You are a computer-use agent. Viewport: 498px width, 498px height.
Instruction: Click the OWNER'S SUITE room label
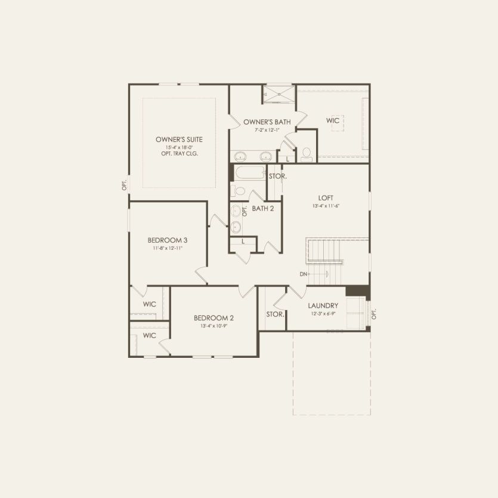pyautogui.click(x=179, y=139)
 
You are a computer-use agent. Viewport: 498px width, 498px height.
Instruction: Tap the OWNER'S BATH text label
pyautogui.click(x=267, y=122)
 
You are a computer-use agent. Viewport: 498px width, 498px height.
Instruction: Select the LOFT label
pyautogui.click(x=326, y=198)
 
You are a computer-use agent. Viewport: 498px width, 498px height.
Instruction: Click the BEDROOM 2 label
pyautogui.click(x=214, y=318)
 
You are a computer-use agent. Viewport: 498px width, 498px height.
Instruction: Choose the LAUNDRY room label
pyautogui.click(x=323, y=305)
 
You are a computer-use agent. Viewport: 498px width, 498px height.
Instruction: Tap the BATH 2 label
pyautogui.click(x=262, y=208)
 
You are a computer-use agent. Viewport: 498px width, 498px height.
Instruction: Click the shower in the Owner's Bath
pyautogui.click(x=279, y=94)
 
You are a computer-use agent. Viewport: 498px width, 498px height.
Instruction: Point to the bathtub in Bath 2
pyautogui.click(x=250, y=174)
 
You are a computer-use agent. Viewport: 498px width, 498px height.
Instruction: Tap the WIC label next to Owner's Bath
pyautogui.click(x=333, y=120)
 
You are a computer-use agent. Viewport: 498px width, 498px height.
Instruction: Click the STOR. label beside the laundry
pyautogui.click(x=275, y=314)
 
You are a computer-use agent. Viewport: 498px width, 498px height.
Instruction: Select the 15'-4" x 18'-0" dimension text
pyautogui.click(x=179, y=147)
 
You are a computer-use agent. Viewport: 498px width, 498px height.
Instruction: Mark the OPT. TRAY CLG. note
pyautogui.click(x=179, y=153)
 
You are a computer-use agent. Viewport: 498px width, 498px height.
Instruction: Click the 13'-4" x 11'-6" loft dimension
pyautogui.click(x=326, y=206)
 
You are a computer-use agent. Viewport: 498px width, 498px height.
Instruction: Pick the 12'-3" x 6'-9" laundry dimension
pyautogui.click(x=323, y=313)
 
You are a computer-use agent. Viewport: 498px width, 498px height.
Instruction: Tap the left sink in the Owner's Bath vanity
pyautogui.click(x=240, y=157)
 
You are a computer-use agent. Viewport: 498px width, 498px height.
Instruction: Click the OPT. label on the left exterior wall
pyautogui.click(x=125, y=185)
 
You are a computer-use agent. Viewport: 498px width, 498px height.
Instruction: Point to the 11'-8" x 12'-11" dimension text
pyautogui.click(x=168, y=248)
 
